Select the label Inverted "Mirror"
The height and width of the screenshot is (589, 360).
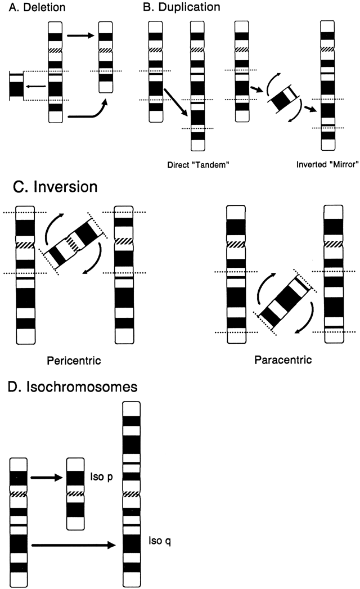(318, 167)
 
